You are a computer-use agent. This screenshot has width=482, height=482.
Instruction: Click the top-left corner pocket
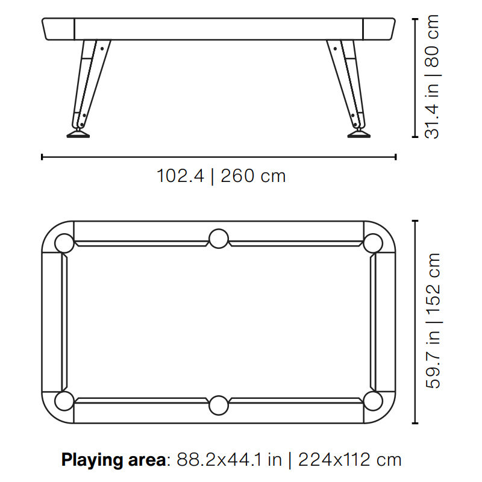click(x=64, y=243)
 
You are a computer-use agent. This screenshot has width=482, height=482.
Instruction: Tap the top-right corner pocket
click(x=373, y=243)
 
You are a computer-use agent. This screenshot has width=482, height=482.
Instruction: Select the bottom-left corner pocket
click(x=64, y=401)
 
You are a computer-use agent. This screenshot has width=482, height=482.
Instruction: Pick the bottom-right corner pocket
click(x=373, y=401)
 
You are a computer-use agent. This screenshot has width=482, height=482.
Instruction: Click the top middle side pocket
click(x=219, y=239)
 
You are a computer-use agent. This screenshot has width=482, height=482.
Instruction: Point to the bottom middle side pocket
click(x=219, y=405)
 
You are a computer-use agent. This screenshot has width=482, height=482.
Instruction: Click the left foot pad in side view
click(x=78, y=134)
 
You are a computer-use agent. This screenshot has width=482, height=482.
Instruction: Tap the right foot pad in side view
click(x=359, y=134)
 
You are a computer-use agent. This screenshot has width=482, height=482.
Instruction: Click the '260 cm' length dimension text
click(x=253, y=176)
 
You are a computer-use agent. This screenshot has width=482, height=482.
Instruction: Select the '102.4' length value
click(x=180, y=176)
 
